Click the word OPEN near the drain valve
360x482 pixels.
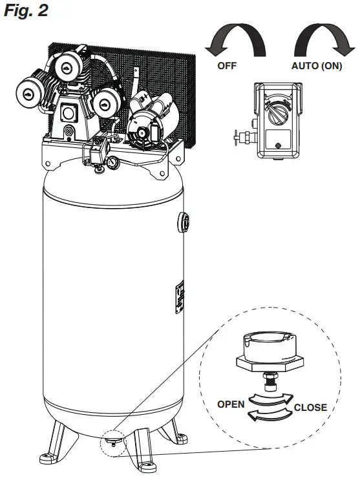(x=230, y=404)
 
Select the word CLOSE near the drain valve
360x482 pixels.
(x=310, y=408)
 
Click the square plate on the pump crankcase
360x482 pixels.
(x=67, y=114)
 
